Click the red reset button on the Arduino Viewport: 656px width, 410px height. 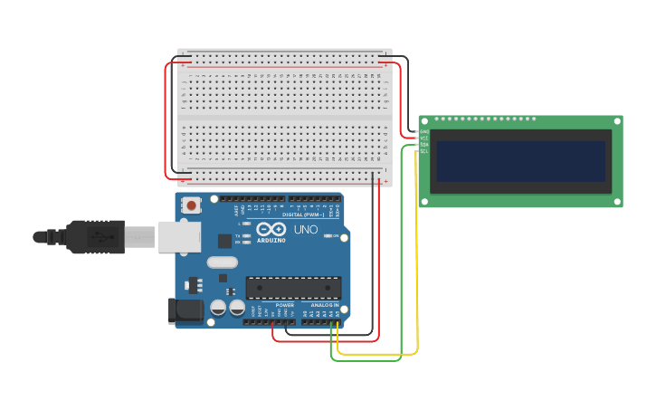coord(191,205)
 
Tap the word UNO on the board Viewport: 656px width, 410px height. coord(306,230)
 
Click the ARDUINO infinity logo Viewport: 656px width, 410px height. coord(271,230)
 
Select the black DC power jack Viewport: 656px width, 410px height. coord(185,310)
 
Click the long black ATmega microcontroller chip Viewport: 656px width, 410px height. coord(293,288)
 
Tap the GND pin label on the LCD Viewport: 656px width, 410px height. coord(423,131)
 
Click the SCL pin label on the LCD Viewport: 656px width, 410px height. coord(423,151)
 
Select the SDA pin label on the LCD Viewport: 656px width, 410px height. coord(423,145)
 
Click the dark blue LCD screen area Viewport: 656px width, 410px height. coord(520,161)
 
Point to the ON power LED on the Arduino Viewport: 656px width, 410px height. coord(328,236)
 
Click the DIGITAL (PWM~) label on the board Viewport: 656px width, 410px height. coord(305,215)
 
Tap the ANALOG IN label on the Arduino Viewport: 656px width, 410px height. coord(324,306)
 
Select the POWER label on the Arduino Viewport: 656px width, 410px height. coord(284,306)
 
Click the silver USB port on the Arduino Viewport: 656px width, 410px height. coord(178,236)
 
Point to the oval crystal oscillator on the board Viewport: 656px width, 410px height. coord(222,262)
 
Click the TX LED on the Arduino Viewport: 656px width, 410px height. coord(246,235)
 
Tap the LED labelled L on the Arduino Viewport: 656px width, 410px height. coord(246,223)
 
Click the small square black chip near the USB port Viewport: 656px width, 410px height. coord(224,241)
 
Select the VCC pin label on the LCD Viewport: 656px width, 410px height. coord(423,138)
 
